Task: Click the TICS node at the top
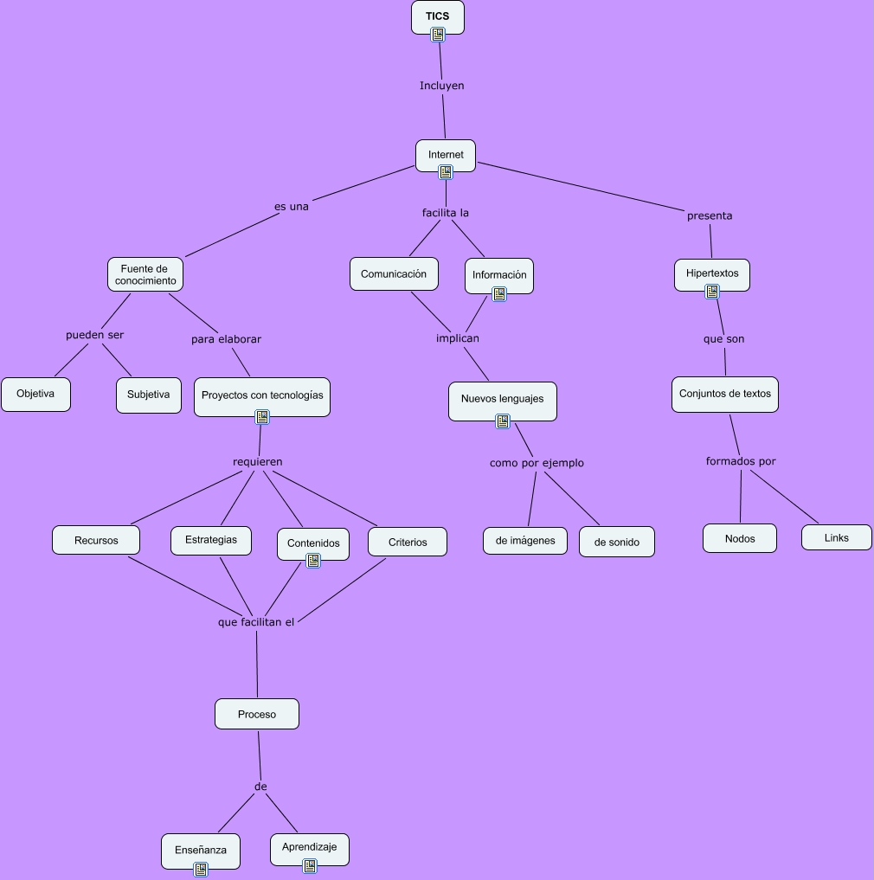pos(437,16)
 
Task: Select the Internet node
pos(446,155)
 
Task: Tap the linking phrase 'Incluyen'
pos(442,86)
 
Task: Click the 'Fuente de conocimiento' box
pos(145,274)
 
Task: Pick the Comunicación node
pos(394,273)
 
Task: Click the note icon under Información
pos(499,294)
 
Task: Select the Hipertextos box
pos(712,273)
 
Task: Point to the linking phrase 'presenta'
pos(710,215)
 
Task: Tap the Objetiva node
pos(35,394)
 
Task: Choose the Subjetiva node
pos(149,395)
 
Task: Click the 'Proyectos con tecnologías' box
pos(262,395)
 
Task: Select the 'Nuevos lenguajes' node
pos(502,399)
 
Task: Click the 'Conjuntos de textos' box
pos(725,394)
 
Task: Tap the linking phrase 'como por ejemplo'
pos(537,463)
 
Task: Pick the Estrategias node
pos(210,540)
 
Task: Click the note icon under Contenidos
pos(313,561)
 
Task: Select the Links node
pos(837,537)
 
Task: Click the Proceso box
pos(257,714)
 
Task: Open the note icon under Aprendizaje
pos(310,865)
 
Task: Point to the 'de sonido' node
pos(617,543)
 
